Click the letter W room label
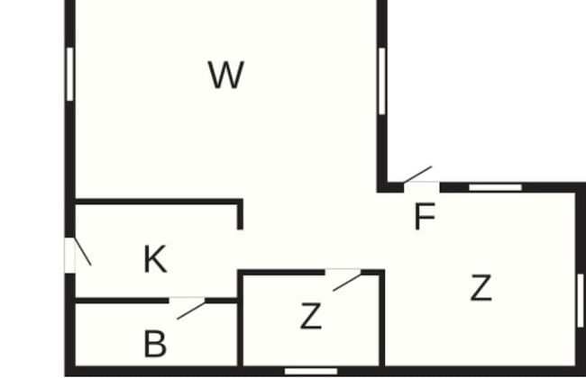pos(226,75)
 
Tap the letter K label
pos(155,259)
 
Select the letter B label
pos(155,343)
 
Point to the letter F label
pos(426,216)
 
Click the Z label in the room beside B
pos(311,316)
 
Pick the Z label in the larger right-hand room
pos(481,287)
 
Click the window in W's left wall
pos(70,74)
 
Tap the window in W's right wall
pos(381,81)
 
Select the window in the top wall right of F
pos(495,187)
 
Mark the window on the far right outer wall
pos(581,301)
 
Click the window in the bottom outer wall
pos(311,372)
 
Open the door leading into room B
pos(187,308)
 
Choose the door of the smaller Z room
pos(343,280)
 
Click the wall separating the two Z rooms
pos(382,320)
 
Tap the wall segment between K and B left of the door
pos(122,301)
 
